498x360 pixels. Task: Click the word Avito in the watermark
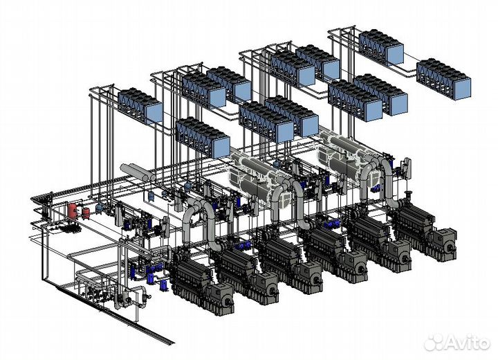[x=468, y=343]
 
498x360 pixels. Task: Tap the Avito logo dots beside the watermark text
[x=434, y=342]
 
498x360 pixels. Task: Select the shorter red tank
[x=86, y=213]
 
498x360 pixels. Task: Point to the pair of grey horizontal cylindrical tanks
[x=138, y=172]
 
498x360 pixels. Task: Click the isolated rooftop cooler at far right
[x=443, y=79]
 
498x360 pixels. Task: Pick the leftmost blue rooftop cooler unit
[x=140, y=106]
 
